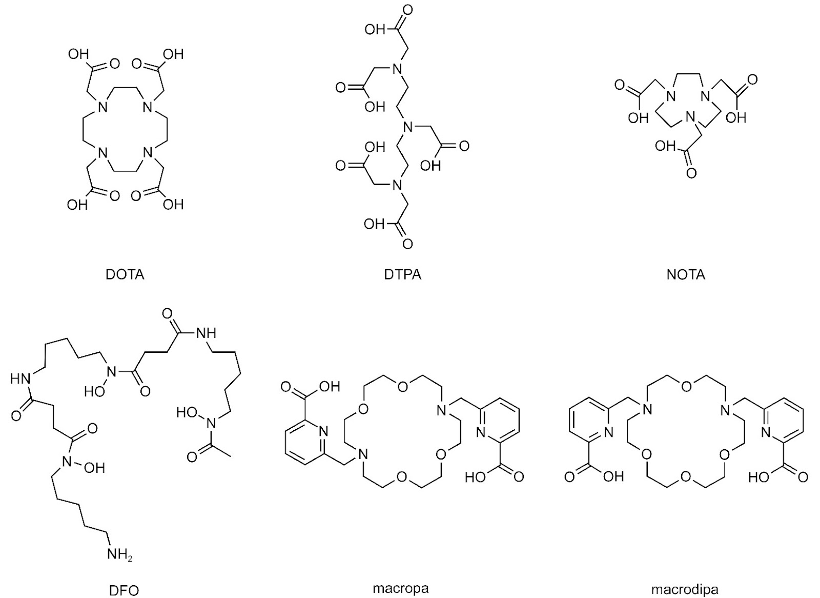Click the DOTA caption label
tap(125, 274)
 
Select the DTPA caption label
tap(402, 274)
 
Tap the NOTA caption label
tap(686, 274)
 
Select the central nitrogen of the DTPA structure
tap(407, 127)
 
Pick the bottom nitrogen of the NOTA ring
tap(690, 117)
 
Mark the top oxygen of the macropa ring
tap(402, 387)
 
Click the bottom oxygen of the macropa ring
tap(402, 477)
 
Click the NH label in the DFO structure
tap(206, 333)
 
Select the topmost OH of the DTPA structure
tap(375, 30)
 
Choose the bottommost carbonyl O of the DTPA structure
tap(407, 244)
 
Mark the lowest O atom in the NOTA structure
tap(691, 173)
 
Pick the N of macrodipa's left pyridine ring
tap(608, 432)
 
